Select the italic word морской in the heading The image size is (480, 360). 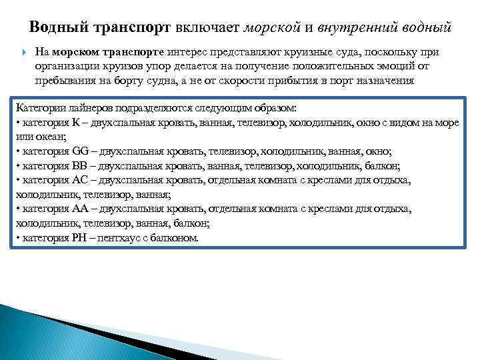tap(269, 28)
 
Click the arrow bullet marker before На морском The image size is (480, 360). tap(24, 52)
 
